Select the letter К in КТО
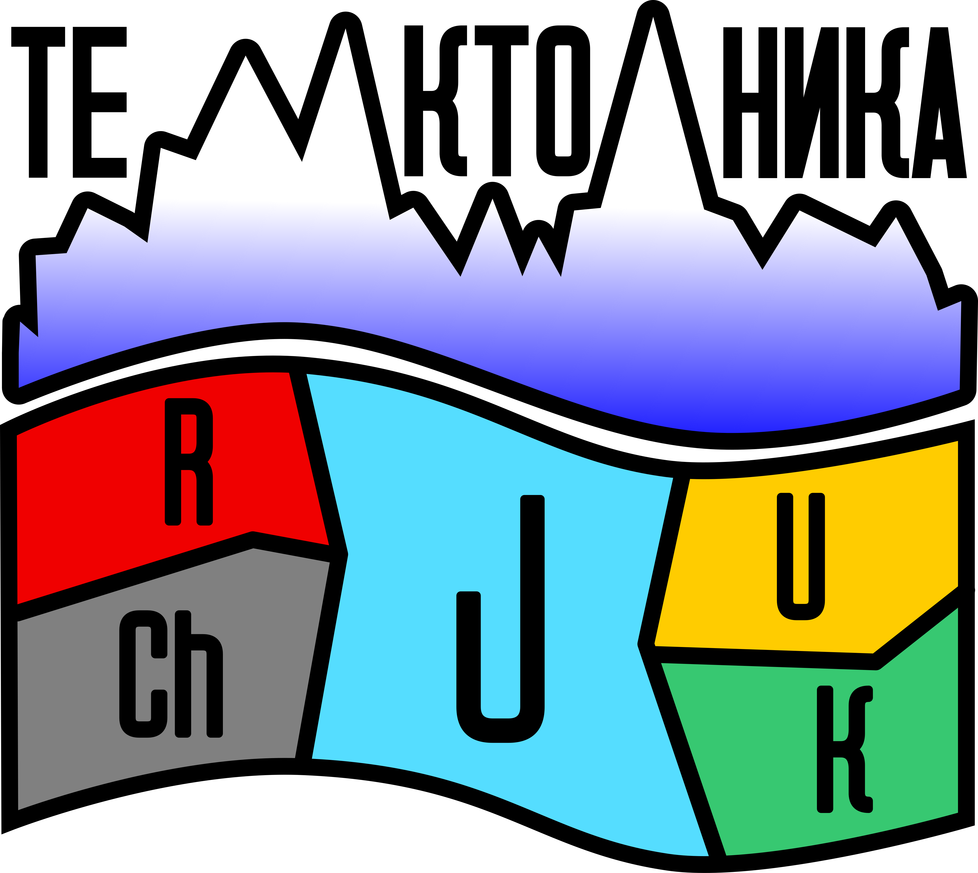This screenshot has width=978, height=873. pyautogui.click(x=435, y=101)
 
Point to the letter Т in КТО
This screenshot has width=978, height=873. pyautogui.click(x=502, y=101)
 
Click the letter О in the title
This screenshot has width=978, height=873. pyautogui.click(x=563, y=101)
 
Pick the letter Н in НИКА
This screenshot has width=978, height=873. pyautogui.click(x=750, y=103)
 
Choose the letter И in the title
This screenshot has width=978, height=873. pyautogui.click(x=812, y=103)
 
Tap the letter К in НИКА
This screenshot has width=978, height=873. pyautogui.click(x=877, y=103)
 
